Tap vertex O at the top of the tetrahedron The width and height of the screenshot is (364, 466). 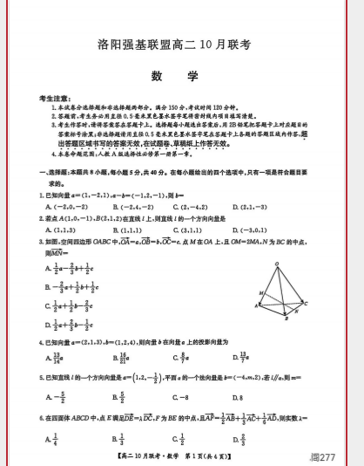(x=276, y=264)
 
